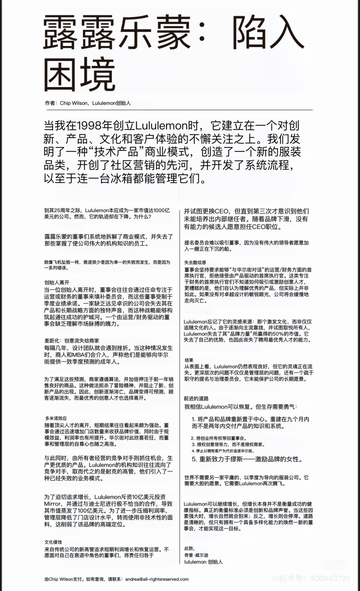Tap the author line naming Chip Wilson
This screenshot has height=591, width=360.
(x=88, y=103)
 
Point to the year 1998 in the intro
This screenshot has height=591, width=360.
(x=90, y=126)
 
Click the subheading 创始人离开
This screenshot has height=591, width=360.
(x=57, y=282)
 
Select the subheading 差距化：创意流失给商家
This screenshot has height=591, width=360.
(x=72, y=341)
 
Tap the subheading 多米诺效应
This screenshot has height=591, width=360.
(x=56, y=418)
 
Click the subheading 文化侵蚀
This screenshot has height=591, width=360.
(x=53, y=542)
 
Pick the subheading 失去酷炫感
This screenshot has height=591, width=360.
(x=195, y=262)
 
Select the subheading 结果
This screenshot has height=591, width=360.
(x=189, y=360)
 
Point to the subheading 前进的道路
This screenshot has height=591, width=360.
(x=196, y=398)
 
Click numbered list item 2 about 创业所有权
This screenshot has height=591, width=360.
(x=219, y=438)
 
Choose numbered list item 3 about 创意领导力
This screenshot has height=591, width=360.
(x=228, y=445)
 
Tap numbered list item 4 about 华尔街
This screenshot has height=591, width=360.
(x=222, y=451)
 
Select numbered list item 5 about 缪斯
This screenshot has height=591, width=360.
(x=247, y=459)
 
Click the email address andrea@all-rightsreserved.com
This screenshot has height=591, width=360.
(x=157, y=579)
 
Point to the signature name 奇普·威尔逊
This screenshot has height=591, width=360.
(x=196, y=555)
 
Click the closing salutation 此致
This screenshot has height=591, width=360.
(x=189, y=549)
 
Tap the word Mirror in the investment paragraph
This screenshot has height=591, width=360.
(x=53, y=504)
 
